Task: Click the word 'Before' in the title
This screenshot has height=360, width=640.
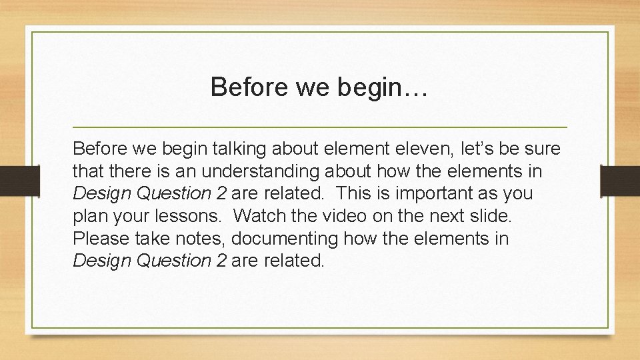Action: (243, 87)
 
